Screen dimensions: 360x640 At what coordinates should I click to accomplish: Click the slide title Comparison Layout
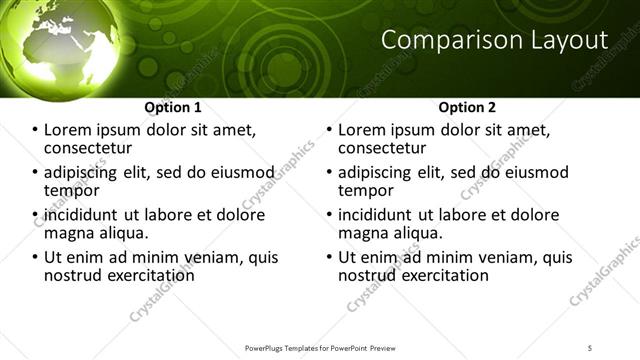(x=495, y=40)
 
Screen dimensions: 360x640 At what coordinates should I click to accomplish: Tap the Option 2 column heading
(x=467, y=107)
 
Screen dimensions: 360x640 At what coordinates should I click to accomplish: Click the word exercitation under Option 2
(x=440, y=275)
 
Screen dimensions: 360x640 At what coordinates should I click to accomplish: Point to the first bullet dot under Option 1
(x=34, y=131)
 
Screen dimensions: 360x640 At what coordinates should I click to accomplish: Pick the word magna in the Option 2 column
(x=363, y=233)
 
